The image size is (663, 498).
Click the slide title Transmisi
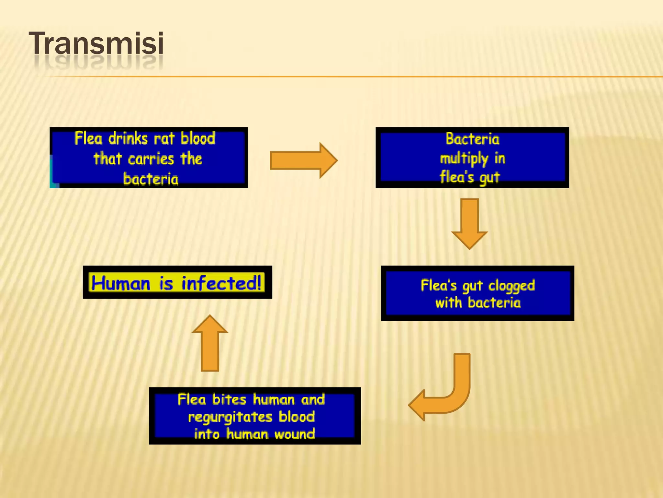click(96, 43)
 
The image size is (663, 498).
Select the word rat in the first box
click(164, 139)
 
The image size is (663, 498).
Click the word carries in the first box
click(151, 159)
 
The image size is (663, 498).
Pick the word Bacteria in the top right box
click(472, 139)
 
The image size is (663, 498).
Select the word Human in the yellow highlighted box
click(121, 283)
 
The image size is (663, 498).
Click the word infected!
click(221, 283)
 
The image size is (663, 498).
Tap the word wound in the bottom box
click(294, 434)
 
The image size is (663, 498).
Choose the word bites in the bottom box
click(229, 399)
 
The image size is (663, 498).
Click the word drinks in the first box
click(128, 139)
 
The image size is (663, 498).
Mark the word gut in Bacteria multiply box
click(490, 178)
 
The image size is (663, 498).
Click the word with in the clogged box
click(448, 303)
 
